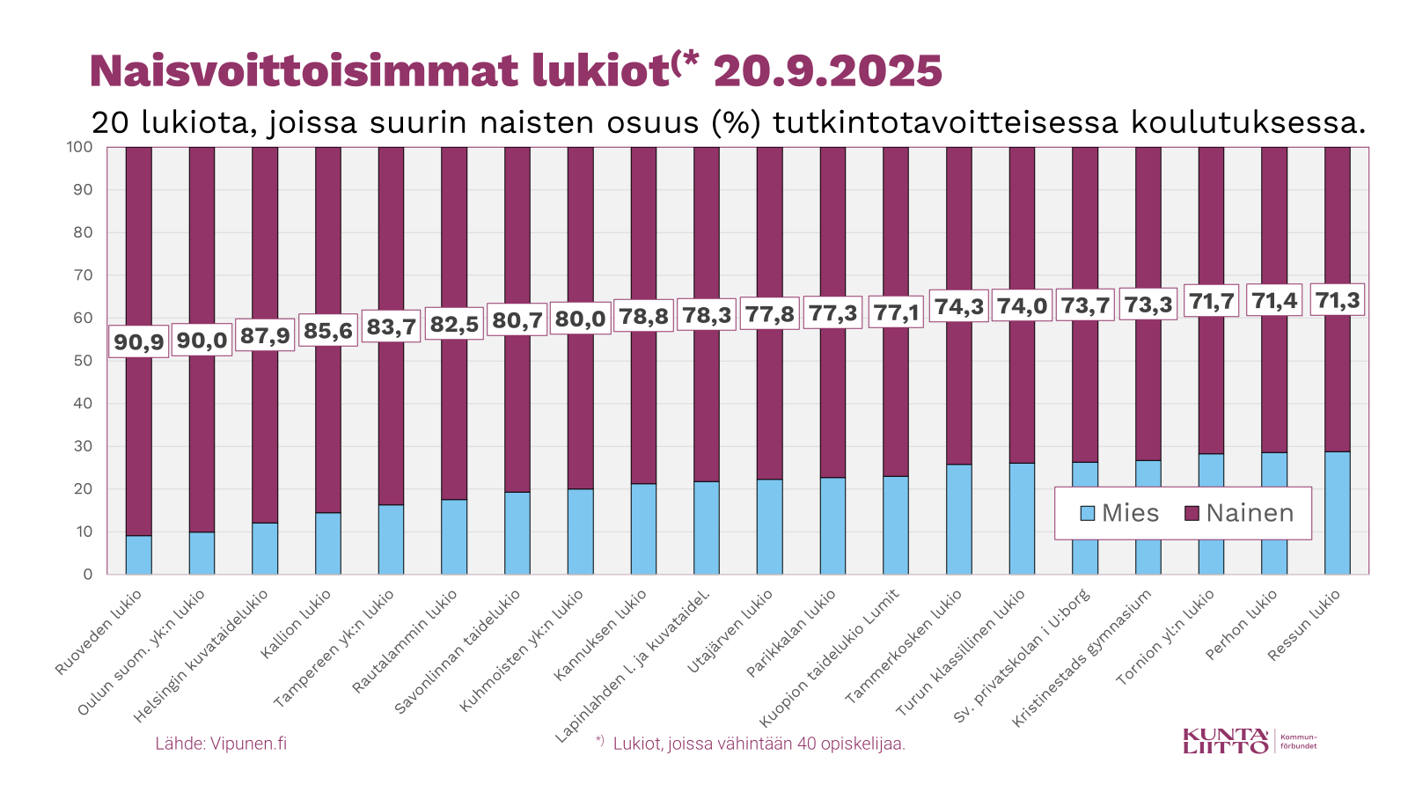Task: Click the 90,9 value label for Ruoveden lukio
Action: click(139, 341)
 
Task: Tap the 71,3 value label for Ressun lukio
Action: click(1337, 300)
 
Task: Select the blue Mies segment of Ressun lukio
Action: click(1337, 513)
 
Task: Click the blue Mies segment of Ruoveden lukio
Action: click(139, 555)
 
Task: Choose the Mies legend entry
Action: click(1118, 513)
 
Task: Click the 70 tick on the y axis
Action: click(83, 275)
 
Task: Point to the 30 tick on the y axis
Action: click(83, 446)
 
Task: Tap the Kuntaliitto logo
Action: click(1250, 741)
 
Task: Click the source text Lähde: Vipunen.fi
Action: click(221, 744)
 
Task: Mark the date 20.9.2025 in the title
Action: click(827, 71)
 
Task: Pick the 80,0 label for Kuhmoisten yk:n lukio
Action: click(580, 319)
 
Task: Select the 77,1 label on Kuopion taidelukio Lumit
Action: click(896, 312)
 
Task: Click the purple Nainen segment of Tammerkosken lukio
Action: click(958, 220)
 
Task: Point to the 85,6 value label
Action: click(328, 330)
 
